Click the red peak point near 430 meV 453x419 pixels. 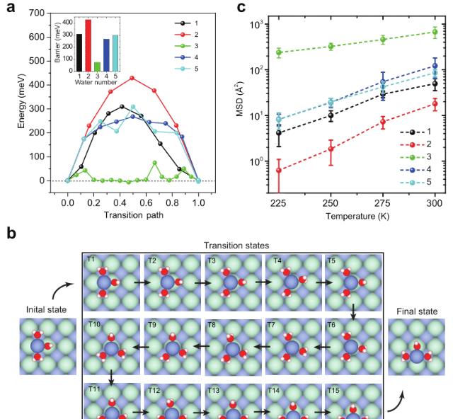(132, 78)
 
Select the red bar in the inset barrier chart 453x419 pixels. (88, 45)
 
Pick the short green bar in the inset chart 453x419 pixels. (98, 67)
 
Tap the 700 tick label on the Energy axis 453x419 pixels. (37, 13)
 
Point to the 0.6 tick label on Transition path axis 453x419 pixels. (146, 202)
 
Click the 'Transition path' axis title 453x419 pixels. (134, 215)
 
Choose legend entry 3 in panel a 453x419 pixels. (187, 46)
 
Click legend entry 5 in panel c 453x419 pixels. (416, 183)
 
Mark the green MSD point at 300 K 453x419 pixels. (435, 32)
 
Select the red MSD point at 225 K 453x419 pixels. (279, 171)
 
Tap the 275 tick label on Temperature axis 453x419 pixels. (383, 203)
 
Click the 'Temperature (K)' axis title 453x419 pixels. (357, 216)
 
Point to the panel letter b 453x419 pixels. (11, 233)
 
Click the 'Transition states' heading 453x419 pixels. (236, 246)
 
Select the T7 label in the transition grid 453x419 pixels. (271, 325)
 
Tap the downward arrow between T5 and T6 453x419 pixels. (353, 312)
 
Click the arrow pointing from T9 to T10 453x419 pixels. (141, 347)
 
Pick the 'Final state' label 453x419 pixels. (417, 311)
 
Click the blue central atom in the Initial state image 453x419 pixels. (38, 346)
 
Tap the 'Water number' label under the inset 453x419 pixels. (96, 82)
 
